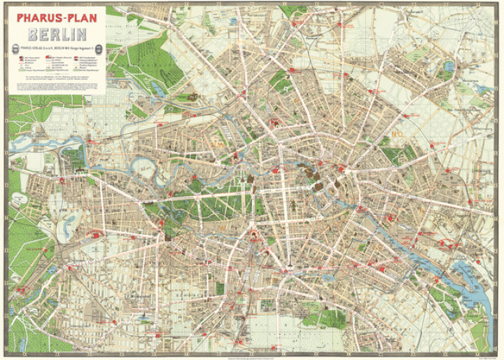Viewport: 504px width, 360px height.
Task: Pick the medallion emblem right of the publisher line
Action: click(104, 48)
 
